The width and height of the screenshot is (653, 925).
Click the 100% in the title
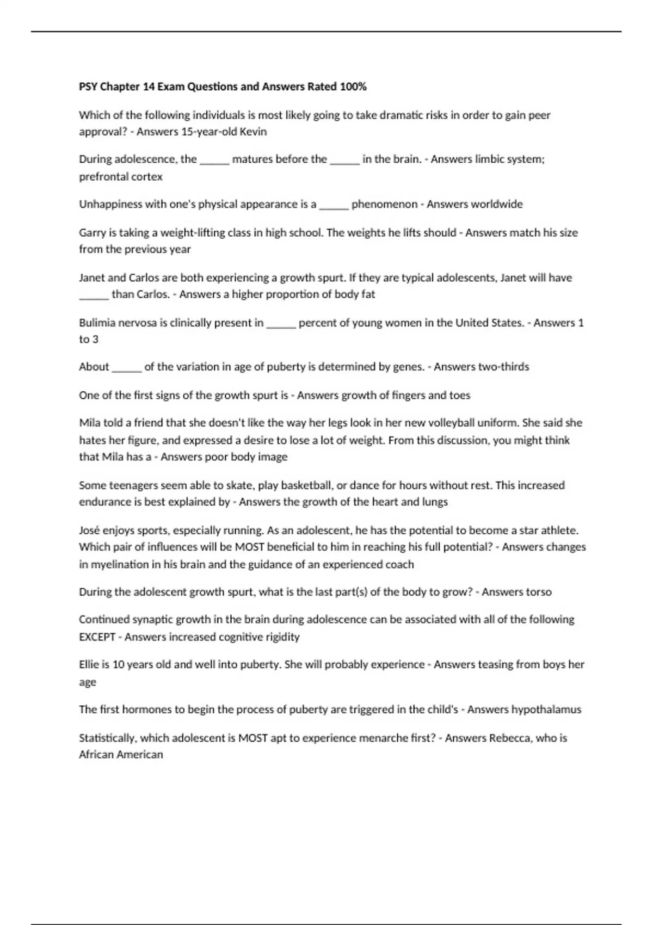click(353, 87)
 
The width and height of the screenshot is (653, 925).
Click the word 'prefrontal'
click(102, 177)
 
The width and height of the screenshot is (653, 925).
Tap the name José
click(90, 531)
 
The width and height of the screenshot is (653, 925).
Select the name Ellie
click(89, 664)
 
